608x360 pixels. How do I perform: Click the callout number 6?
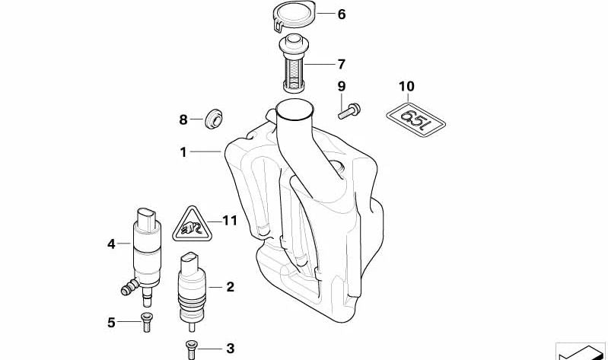coord(341,14)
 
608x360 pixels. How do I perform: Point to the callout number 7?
coord(341,64)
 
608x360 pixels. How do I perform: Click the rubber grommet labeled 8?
coord(214,119)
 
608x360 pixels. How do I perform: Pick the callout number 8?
coord(183,119)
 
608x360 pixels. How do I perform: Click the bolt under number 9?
coord(349,110)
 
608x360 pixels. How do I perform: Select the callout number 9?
coord(341,86)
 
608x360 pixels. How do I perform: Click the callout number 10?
coord(406,86)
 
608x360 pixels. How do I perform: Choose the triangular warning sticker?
coord(192,225)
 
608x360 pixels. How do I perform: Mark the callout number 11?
coord(229,221)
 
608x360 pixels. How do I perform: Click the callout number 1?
coord(183,152)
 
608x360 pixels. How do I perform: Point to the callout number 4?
coord(111,244)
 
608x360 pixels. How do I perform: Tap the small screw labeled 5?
coord(146,322)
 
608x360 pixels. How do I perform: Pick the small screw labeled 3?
coord(191,349)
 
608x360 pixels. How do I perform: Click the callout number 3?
coord(230,349)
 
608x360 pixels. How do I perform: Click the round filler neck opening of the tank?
coord(294,109)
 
